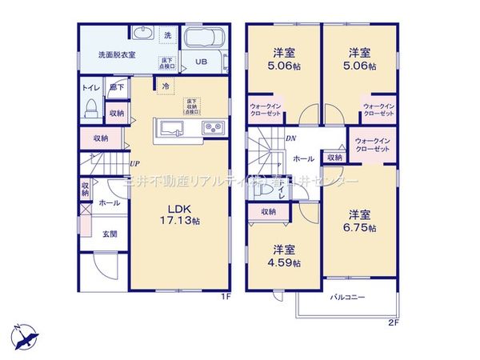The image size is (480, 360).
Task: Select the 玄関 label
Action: coord(110,234)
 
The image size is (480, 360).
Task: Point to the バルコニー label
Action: coord(349,297)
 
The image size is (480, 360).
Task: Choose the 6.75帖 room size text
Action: coord(359,228)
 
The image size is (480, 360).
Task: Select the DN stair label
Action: coord(290,138)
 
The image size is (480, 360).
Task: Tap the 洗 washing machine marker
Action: coord(167,35)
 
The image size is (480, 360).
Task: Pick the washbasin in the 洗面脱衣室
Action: coord(142,34)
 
